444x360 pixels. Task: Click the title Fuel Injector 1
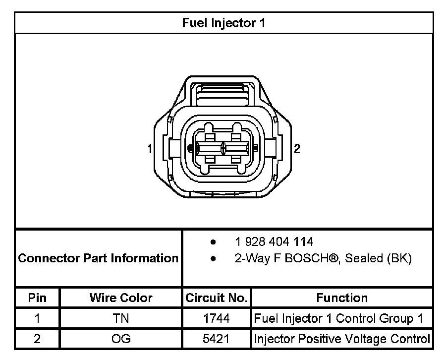pos(223,23)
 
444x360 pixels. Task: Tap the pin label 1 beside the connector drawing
pos(149,148)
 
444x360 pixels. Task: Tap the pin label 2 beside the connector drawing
pos(297,148)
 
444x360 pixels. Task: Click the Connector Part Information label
pos(98,258)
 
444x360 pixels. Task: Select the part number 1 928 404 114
pos(274,242)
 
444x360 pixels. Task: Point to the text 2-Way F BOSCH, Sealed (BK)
pos(323,258)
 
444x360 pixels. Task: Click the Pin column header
pos(37,298)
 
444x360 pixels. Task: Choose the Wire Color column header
pos(121,298)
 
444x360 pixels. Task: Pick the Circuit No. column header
pos(217,298)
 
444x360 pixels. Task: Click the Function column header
pos(342,298)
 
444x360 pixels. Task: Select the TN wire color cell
pos(121,319)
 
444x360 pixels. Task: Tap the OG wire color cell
pos(121,339)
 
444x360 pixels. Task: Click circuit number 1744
pos(217,319)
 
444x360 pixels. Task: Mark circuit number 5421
pos(217,339)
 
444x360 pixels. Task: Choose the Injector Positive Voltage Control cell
pos(341,339)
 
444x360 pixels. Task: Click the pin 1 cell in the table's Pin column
pos(37,319)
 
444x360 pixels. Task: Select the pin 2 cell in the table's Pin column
pos(37,339)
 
